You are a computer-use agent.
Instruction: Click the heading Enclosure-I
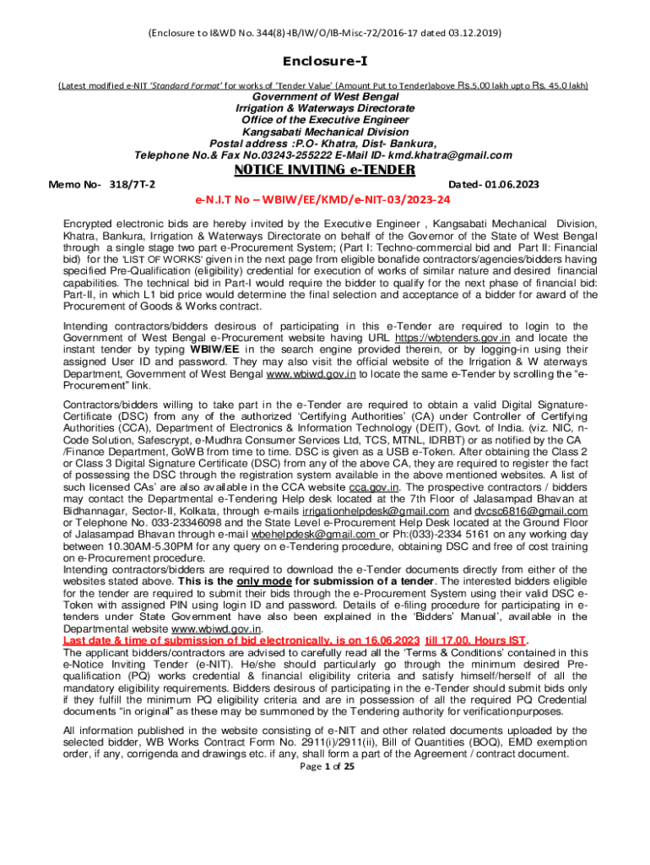[x=324, y=62]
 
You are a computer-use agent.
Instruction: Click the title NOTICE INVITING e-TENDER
[x=324, y=170]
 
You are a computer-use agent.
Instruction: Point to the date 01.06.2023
[x=508, y=184]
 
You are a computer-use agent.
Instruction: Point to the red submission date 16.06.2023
[x=378, y=641]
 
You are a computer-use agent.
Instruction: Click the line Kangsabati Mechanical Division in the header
[x=325, y=132]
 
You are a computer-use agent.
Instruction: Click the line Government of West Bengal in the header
[x=325, y=97]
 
